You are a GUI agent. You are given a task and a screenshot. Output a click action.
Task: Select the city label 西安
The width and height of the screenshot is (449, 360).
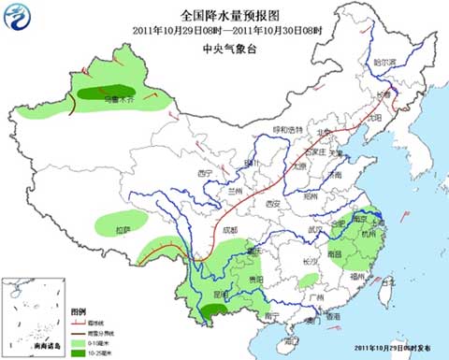point(274,203)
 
